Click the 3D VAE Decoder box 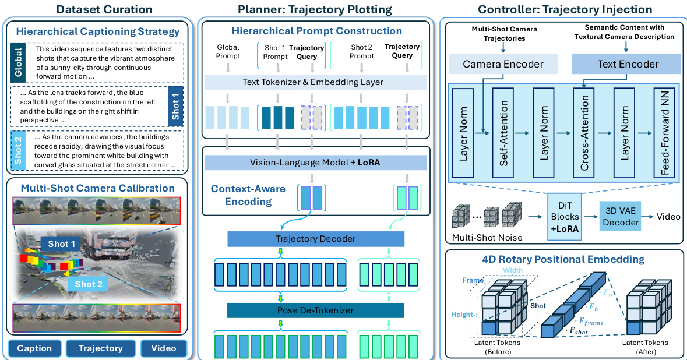(621, 216)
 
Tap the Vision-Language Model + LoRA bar (315, 163)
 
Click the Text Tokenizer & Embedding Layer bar (315, 82)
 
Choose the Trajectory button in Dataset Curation (101, 348)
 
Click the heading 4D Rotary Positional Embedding (563, 259)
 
